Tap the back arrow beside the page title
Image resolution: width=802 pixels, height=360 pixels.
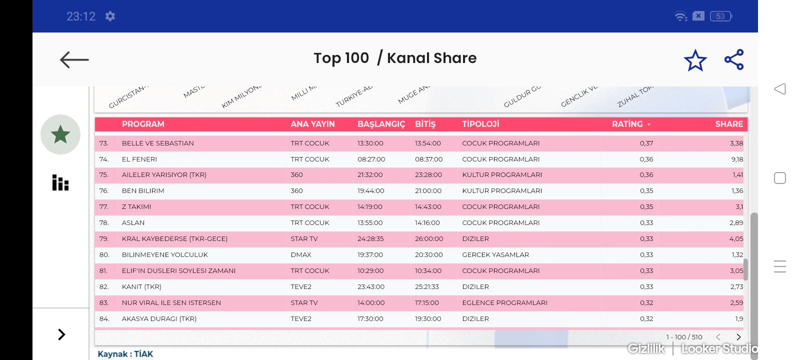[74, 60]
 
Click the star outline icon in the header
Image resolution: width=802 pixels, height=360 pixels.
[695, 60]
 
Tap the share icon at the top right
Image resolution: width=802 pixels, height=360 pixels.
[734, 60]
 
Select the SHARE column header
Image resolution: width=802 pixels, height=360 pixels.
[728, 124]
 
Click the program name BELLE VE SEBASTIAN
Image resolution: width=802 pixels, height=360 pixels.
[157, 143]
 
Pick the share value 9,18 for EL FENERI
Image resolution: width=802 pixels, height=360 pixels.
[736, 159]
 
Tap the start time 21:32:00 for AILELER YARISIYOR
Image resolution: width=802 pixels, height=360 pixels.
[369, 175]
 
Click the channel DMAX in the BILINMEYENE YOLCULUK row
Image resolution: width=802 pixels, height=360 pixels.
[301, 254]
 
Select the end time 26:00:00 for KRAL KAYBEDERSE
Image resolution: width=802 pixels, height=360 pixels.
[428, 239]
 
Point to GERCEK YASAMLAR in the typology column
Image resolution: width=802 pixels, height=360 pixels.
[495, 254]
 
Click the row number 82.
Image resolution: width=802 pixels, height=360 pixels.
[104, 286]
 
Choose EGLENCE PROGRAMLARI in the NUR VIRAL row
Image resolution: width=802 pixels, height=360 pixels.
[504, 302]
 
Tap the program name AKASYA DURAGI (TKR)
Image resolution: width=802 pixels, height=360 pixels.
[159, 318]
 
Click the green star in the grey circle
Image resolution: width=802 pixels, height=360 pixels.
[60, 134]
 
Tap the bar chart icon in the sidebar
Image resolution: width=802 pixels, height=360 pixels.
[60, 183]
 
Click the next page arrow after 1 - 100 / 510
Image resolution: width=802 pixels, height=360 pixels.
[738, 337]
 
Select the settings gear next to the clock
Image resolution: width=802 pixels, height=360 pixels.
[110, 16]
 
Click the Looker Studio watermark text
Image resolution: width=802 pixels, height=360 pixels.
[719, 348]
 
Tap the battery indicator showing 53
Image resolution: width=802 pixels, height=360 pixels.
[720, 16]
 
